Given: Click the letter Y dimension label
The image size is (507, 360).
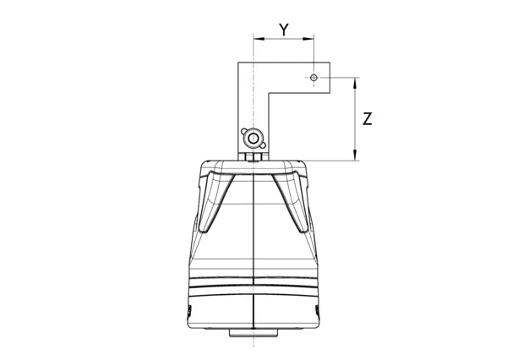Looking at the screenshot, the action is click(x=284, y=30).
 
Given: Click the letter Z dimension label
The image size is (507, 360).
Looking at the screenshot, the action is click(x=368, y=118).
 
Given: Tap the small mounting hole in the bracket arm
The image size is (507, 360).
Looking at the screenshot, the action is click(x=313, y=78).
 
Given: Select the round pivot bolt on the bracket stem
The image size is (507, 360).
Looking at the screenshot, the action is click(x=253, y=139).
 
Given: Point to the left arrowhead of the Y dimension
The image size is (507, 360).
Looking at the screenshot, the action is click(x=259, y=39).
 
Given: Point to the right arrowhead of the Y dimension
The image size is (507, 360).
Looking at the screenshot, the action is click(x=308, y=39).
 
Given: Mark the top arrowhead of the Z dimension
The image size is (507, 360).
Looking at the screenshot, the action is click(x=355, y=83).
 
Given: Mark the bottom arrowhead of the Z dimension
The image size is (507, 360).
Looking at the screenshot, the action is click(x=355, y=155).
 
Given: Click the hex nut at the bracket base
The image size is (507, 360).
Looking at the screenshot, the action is click(x=253, y=157).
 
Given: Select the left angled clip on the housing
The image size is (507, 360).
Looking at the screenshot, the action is click(x=215, y=200).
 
